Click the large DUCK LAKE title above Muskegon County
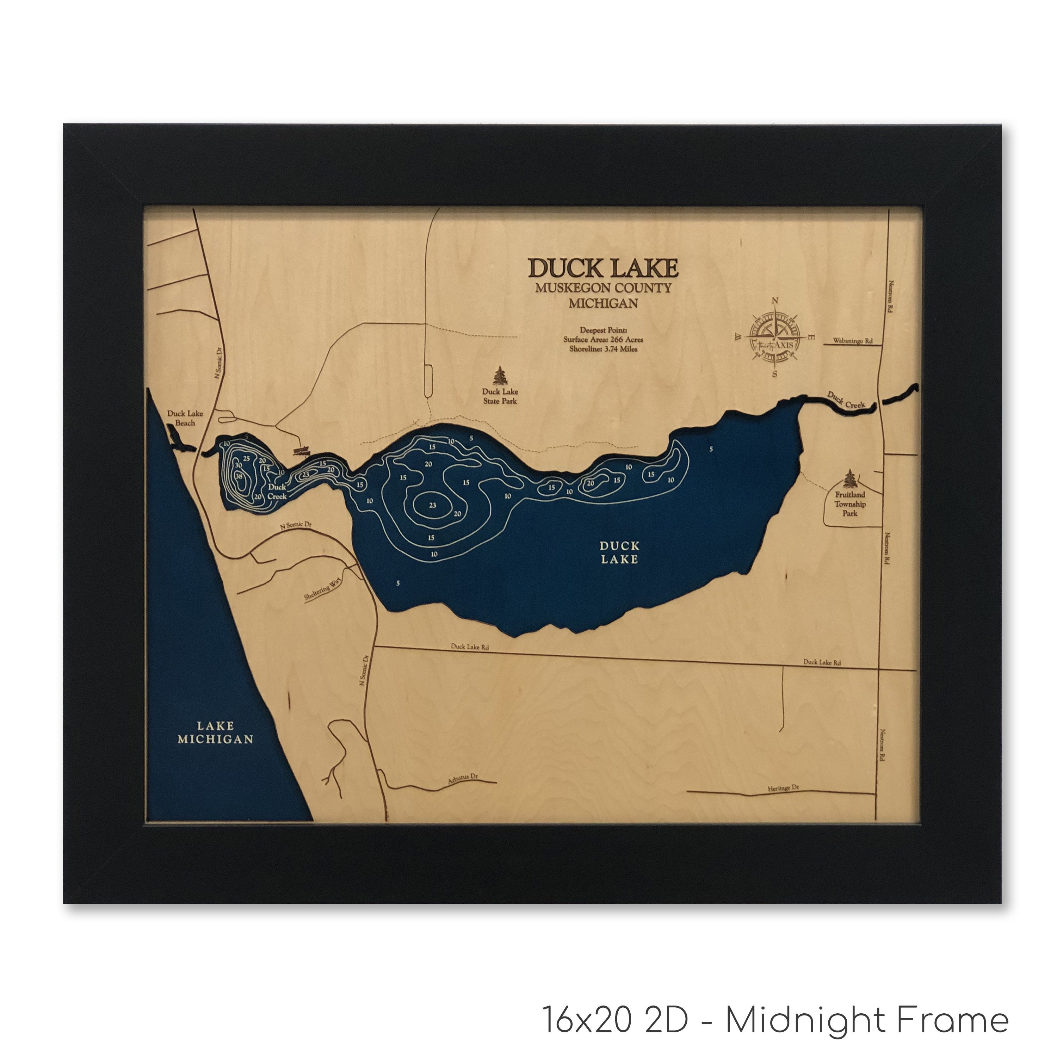[x=603, y=268]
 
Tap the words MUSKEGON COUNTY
[x=603, y=288]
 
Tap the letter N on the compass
[x=775, y=300]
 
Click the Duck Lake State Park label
[x=500, y=396]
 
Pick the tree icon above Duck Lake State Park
[x=500, y=375]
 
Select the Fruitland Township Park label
[x=849, y=504]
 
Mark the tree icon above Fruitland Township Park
[x=849, y=478]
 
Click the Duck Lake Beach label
[x=185, y=418]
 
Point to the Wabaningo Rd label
[x=852, y=341]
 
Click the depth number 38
[x=239, y=476]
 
